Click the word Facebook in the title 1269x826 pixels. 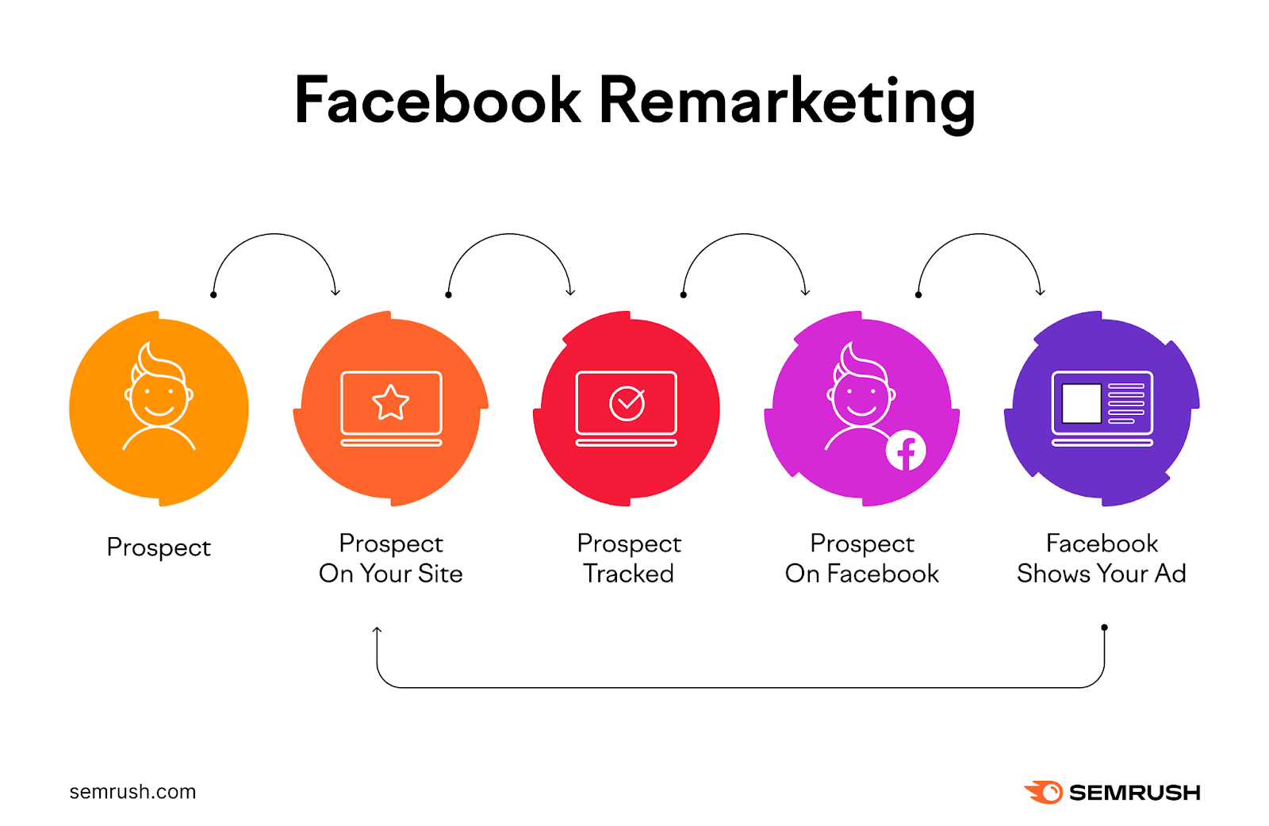pos(437,100)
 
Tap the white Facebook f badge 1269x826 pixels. pos(905,451)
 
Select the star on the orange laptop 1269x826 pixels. pos(390,403)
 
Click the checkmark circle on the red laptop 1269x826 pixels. pos(627,404)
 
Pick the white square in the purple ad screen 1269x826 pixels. pos(1081,404)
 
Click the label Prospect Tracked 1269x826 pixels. pos(629,559)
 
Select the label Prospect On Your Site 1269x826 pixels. pos(391,559)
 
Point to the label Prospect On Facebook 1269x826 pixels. pos(861,559)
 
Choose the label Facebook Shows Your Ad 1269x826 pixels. pos(1102,559)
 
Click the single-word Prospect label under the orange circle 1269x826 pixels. pos(159,548)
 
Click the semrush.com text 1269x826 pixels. pos(132,791)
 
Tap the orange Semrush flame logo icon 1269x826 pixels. pos(1044,792)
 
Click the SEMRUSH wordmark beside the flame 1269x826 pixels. pos(1135,793)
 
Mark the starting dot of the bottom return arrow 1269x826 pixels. pos(1104,628)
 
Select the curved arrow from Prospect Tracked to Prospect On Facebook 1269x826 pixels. pos(745,233)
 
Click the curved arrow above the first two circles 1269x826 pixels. pos(274,233)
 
